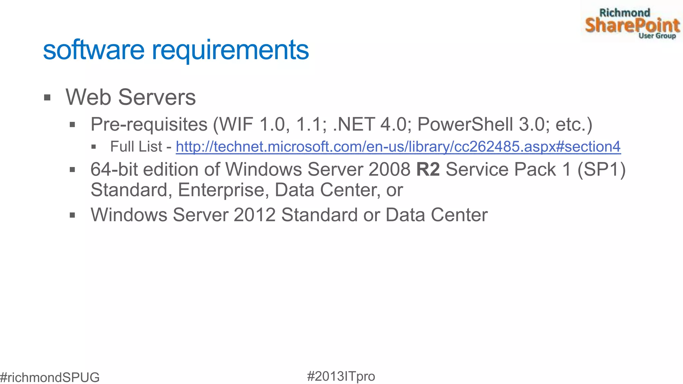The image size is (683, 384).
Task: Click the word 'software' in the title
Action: pos(94,50)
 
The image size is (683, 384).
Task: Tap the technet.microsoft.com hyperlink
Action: pos(398,147)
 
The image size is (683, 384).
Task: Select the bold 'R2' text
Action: pos(428,169)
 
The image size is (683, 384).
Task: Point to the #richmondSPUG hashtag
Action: pos(50,377)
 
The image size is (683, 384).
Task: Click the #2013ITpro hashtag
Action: pos(341,376)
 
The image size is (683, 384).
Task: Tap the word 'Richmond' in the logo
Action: pos(625,13)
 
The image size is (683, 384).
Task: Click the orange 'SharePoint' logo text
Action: pos(632,25)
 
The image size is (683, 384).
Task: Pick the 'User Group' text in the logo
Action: pos(657,36)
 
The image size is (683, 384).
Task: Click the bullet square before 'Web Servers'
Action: pos(47,98)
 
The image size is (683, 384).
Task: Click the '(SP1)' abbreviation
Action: pos(601,169)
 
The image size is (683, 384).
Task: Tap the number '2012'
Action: pos(254,215)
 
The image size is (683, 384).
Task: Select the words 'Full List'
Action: pos(136,147)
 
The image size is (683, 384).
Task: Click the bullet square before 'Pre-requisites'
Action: pos(72,125)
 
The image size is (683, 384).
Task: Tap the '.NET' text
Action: pos(354,125)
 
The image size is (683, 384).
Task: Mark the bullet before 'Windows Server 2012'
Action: pos(72,215)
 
